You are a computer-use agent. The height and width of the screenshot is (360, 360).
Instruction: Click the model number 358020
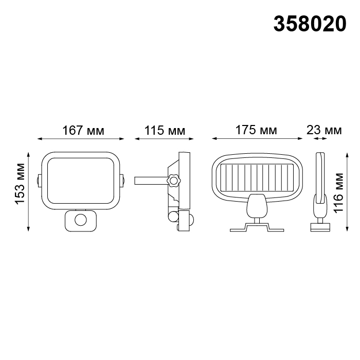click(310, 24)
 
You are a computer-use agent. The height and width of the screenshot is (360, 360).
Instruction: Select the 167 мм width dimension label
click(83, 131)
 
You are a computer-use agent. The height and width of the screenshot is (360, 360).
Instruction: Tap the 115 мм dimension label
click(165, 131)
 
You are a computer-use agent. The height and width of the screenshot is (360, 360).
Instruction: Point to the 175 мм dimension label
click(256, 130)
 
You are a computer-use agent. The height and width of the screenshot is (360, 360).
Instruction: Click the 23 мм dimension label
click(324, 130)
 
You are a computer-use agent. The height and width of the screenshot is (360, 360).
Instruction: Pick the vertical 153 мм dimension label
click(20, 183)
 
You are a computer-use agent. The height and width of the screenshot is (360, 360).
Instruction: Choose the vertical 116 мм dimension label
click(338, 193)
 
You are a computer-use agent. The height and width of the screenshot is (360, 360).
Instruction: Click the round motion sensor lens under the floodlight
click(81, 221)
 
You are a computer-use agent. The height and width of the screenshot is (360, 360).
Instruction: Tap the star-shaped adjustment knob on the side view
click(174, 181)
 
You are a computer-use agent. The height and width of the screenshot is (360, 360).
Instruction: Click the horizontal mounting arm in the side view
click(151, 181)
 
